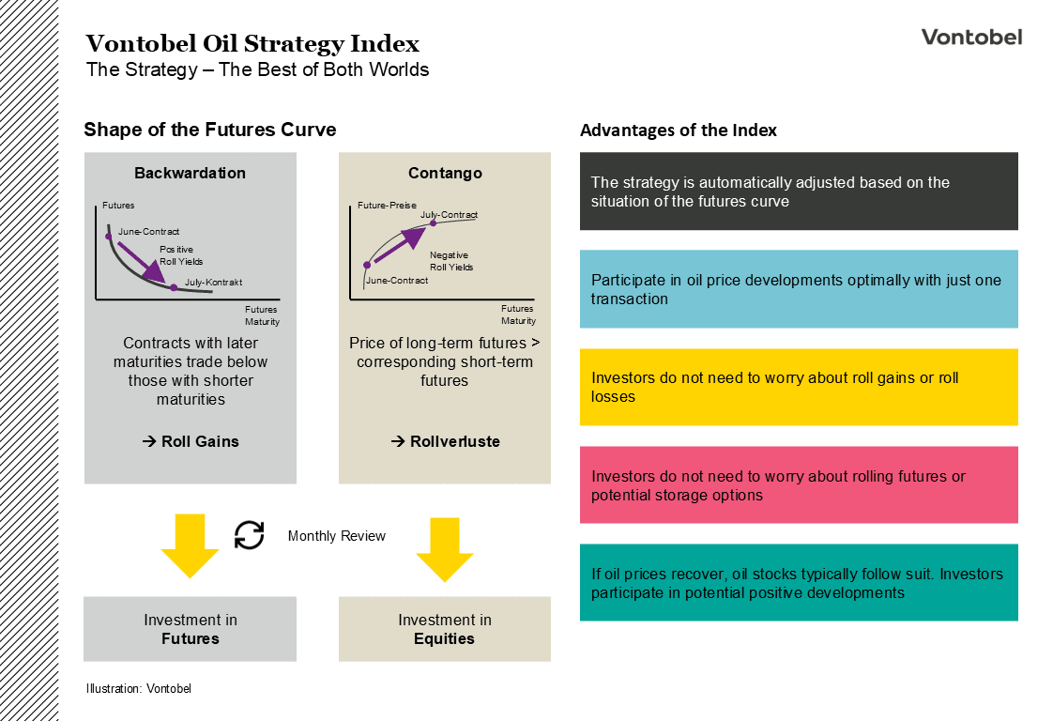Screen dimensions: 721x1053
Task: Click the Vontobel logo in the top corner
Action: pyautogui.click(x=970, y=38)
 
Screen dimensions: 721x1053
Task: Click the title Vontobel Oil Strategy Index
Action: pyautogui.click(x=252, y=44)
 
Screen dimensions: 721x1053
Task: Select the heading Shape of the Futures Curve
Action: pyautogui.click(x=209, y=130)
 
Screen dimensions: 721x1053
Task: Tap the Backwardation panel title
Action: pyautogui.click(x=190, y=173)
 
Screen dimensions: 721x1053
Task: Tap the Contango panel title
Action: pyautogui.click(x=445, y=173)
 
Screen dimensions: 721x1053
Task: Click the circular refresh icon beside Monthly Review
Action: pyautogui.click(x=249, y=535)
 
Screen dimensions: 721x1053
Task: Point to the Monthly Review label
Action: pyautogui.click(x=336, y=536)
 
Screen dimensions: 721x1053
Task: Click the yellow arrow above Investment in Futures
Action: pyautogui.click(x=190, y=545)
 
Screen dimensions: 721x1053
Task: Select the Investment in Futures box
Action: pyautogui.click(x=190, y=629)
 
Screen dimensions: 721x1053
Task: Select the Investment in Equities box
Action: pyautogui.click(x=445, y=629)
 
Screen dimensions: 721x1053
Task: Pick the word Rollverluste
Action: pyautogui.click(x=454, y=441)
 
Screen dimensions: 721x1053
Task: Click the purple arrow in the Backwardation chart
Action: pyautogui.click(x=142, y=262)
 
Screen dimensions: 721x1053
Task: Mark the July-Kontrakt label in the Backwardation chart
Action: pyautogui.click(x=213, y=282)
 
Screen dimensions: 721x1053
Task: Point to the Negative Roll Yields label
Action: pyautogui.click(x=451, y=261)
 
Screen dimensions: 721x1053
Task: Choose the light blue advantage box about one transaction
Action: pyautogui.click(x=798, y=289)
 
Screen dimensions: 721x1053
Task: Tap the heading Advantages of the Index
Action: pyautogui.click(x=679, y=130)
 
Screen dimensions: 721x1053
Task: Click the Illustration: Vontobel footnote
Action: pyautogui.click(x=138, y=689)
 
